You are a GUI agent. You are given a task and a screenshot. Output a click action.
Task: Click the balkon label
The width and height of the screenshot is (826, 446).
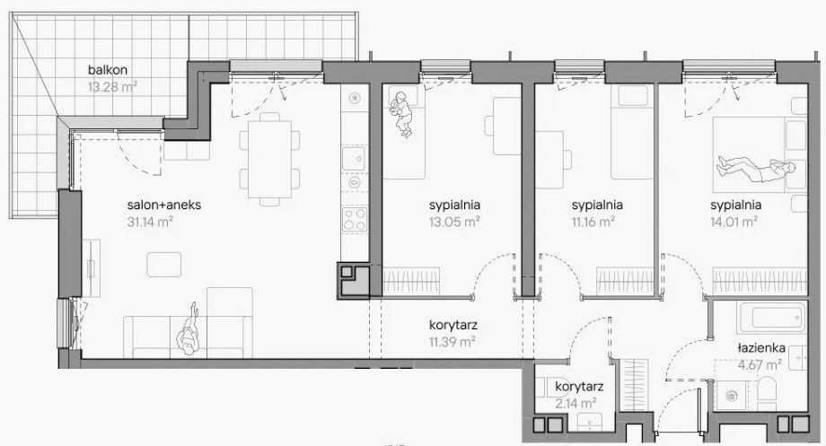(x=108, y=69)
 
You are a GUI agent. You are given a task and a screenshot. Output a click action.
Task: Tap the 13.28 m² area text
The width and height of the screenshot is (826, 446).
(x=113, y=86)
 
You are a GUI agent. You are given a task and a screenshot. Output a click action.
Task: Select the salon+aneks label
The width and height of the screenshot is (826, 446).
(x=164, y=205)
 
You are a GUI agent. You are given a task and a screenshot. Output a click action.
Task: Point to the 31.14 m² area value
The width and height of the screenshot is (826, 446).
(x=150, y=222)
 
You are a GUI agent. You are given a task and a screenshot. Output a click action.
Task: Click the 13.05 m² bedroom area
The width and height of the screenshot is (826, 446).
(x=454, y=222)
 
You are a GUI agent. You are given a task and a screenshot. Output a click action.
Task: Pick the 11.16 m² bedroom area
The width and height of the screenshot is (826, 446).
(x=593, y=222)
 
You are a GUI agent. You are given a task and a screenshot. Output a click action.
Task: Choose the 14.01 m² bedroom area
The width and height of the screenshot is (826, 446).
(x=734, y=222)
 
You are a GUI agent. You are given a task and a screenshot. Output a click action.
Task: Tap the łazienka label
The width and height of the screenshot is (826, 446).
(x=761, y=348)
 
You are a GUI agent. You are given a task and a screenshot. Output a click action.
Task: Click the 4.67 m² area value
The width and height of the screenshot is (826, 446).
(x=758, y=364)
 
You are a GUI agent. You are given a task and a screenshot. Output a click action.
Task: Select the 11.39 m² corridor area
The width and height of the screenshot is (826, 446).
(x=452, y=342)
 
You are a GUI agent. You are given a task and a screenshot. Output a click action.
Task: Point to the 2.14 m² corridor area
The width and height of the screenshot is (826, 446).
(x=576, y=403)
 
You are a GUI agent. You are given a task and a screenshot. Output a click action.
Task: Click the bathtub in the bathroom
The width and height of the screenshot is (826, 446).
(x=771, y=318)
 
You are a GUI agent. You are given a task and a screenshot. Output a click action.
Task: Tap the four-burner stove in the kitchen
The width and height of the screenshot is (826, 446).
(x=355, y=220)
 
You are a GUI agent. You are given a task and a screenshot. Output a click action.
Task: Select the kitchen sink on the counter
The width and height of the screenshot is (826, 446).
(x=354, y=158)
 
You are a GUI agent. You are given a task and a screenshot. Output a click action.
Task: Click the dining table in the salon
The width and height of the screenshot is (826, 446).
(x=269, y=160)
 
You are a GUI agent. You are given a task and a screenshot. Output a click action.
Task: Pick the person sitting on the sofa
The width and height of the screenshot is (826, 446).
(x=188, y=330)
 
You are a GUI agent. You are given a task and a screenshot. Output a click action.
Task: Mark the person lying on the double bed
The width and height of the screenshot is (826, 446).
(x=755, y=169)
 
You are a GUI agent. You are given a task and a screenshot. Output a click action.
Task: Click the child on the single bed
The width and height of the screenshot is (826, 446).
(x=401, y=114)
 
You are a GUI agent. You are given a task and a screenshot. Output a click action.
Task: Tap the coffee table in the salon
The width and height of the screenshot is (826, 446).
(x=163, y=265)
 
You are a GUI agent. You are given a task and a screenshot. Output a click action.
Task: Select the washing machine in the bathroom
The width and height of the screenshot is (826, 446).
(x=731, y=395)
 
